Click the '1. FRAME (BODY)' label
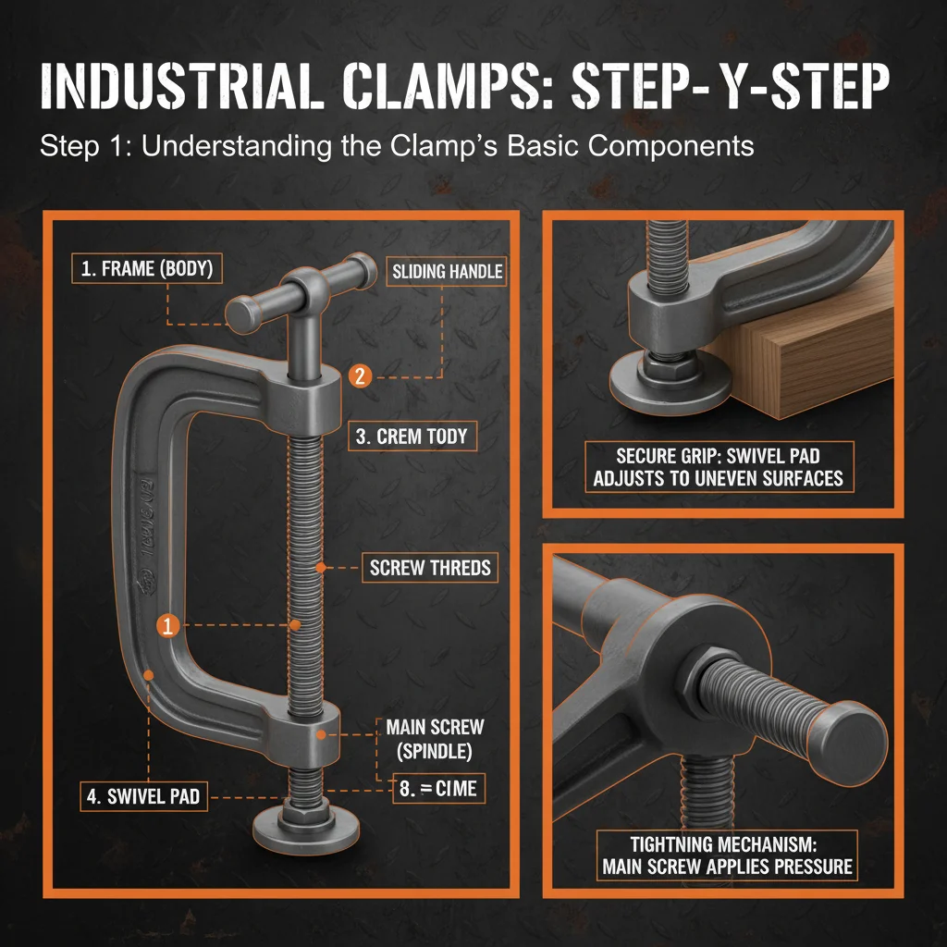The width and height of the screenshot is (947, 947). coord(146,271)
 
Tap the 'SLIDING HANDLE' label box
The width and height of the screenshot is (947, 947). coord(447,271)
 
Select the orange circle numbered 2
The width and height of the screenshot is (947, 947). coord(361,375)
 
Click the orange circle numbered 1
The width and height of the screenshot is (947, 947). coord(167,625)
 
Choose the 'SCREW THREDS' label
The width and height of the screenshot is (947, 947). coord(430,568)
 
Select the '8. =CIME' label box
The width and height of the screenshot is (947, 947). coord(438,789)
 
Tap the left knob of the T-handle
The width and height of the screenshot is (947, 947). coord(243,313)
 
